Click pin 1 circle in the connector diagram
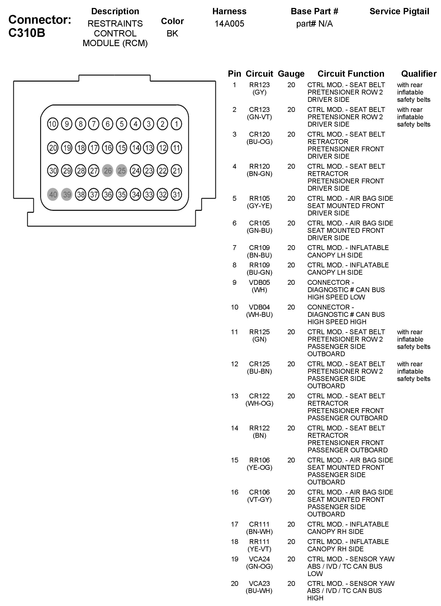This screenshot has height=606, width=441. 176,124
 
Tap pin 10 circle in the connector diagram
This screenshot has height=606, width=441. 53,124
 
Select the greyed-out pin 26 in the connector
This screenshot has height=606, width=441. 108,171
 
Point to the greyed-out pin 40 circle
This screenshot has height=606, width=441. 53,194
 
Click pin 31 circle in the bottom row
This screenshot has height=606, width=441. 176,194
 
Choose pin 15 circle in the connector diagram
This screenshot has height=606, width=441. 122,148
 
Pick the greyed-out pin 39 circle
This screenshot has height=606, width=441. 67,194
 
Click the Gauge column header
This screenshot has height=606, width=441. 291,74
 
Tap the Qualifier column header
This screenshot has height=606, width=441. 419,74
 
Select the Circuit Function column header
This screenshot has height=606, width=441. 351,74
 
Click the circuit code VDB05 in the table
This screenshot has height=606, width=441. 259,282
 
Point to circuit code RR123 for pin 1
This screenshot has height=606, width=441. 259,85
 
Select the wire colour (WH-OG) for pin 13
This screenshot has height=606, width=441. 259,403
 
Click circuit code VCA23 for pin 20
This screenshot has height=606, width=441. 259,584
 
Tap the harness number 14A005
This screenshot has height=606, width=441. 229,24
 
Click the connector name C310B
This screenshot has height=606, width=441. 27,33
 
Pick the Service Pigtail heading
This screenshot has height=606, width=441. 399,12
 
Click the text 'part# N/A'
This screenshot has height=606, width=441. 314,24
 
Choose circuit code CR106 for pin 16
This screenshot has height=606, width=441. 259,492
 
